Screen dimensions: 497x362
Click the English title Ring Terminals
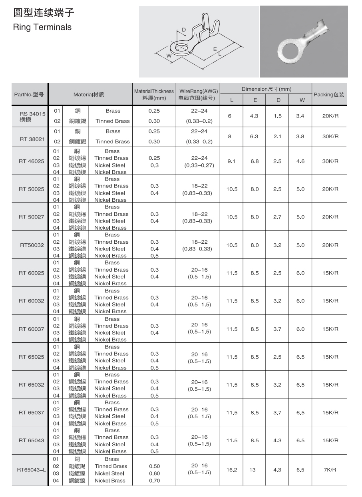(42, 27)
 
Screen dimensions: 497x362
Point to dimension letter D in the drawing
(184, 30)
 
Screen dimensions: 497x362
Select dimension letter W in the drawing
(169, 56)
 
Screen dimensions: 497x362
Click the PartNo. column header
(29, 95)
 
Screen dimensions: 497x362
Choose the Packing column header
(329, 95)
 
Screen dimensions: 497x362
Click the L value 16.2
(232, 470)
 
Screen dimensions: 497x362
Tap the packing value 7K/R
(330, 470)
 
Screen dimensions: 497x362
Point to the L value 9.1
(231, 161)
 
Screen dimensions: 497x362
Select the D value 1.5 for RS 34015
(278, 116)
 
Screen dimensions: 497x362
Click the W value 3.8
(300, 136)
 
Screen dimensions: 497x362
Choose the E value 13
(253, 470)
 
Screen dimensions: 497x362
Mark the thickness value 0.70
(154, 481)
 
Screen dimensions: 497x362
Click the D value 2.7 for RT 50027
(277, 217)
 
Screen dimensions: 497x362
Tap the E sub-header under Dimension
(255, 100)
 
